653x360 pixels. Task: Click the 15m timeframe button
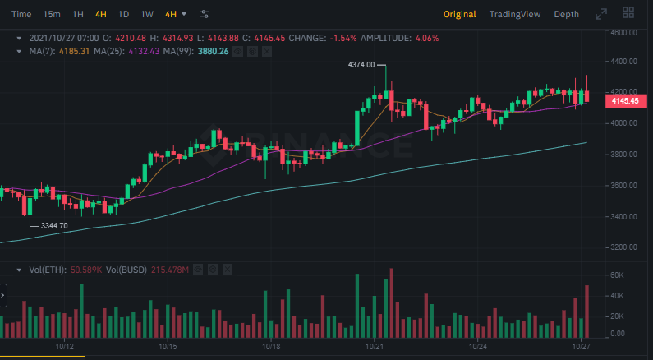click(52, 14)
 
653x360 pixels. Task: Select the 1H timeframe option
click(78, 14)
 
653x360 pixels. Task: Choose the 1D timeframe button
click(123, 14)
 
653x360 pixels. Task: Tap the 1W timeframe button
click(147, 14)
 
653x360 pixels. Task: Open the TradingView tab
click(514, 14)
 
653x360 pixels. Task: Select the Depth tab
click(566, 14)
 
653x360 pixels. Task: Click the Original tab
click(459, 14)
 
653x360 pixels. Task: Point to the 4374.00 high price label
click(361, 64)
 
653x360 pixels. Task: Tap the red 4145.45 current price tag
click(623, 100)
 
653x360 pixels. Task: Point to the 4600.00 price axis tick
click(625, 32)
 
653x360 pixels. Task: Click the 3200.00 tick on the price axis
click(625, 247)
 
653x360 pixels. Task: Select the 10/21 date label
click(375, 348)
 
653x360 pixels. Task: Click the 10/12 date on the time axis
click(65, 348)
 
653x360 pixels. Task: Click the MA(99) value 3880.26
click(212, 51)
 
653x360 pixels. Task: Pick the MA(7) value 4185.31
click(73, 51)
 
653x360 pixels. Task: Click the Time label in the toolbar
click(22, 14)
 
